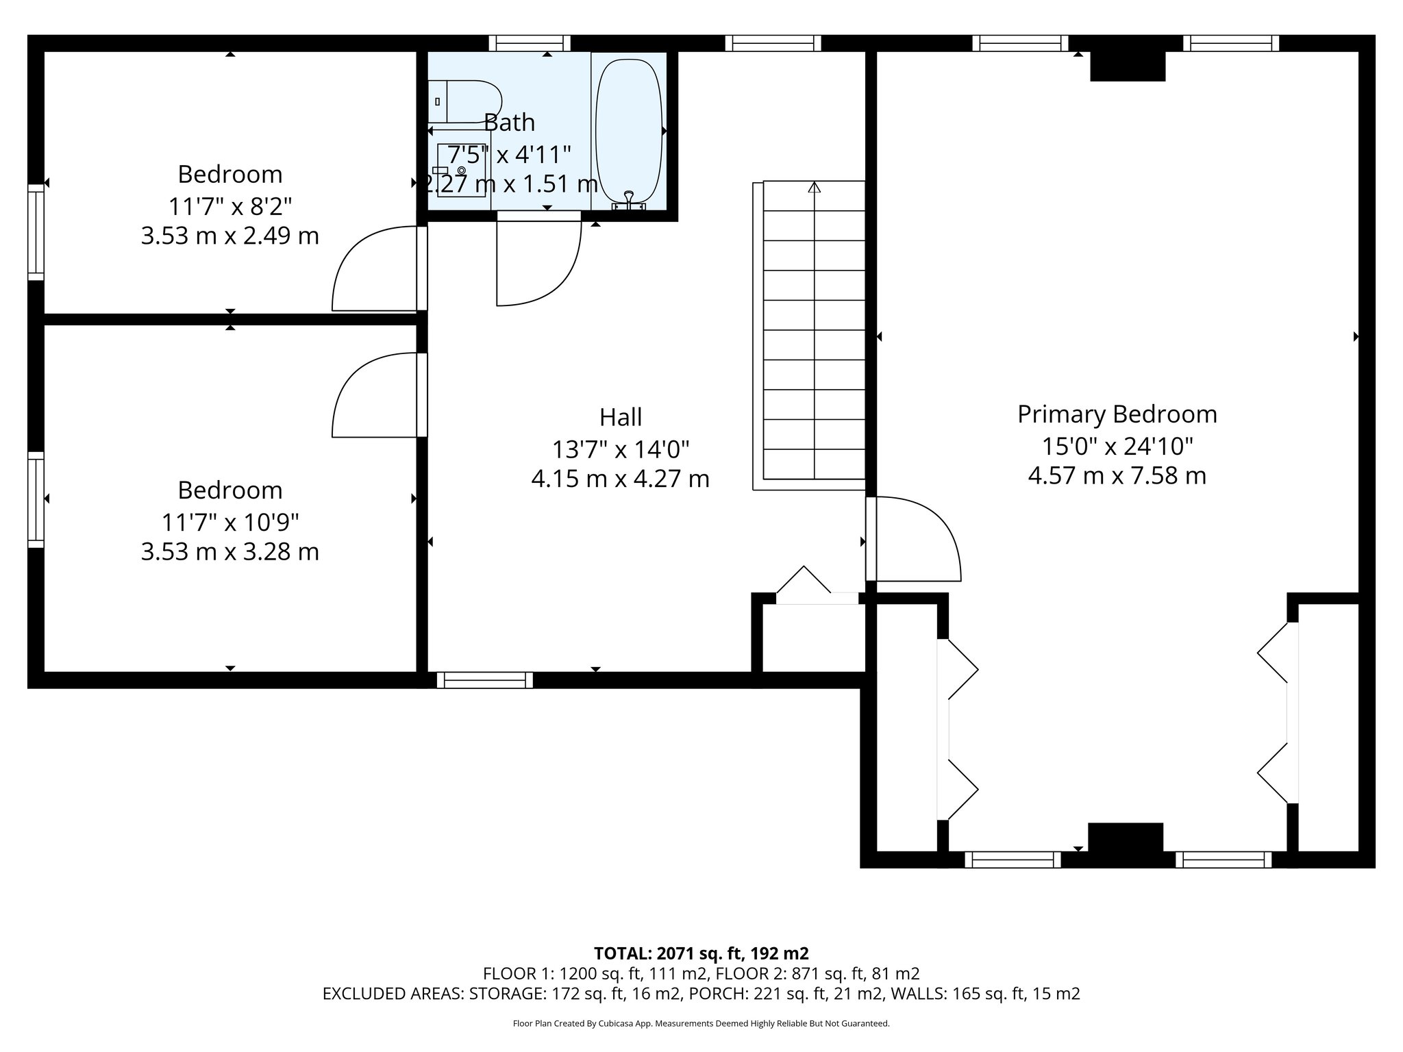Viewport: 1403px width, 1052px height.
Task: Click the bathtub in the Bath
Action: click(x=629, y=130)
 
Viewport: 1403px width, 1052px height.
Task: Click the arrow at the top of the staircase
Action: click(x=814, y=187)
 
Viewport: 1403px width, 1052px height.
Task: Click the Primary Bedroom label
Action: click(x=1117, y=414)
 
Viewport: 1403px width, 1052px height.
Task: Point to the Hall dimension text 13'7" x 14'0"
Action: click(x=620, y=449)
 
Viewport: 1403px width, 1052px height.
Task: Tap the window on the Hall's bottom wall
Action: click(x=485, y=680)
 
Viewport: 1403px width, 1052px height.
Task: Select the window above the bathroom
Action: click(x=530, y=43)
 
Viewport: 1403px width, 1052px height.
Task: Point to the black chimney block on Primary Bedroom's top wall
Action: click(x=1127, y=66)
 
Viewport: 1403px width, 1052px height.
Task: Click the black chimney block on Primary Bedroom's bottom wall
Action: click(x=1125, y=837)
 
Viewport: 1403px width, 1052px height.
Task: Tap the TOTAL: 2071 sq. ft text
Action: click(x=701, y=953)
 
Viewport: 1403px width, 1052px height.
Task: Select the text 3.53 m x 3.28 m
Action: click(x=229, y=551)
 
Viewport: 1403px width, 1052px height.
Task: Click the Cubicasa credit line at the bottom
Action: click(x=701, y=1023)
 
